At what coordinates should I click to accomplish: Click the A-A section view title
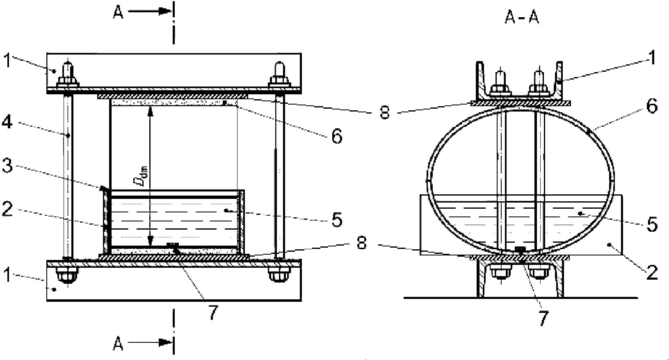[522, 18]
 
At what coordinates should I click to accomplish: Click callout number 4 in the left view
[7, 122]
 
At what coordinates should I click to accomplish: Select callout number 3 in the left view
[7, 165]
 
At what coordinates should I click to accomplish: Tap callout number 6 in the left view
[337, 137]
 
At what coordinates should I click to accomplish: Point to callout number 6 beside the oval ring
[652, 106]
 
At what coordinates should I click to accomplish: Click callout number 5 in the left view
[337, 220]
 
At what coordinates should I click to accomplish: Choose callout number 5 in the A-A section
[652, 224]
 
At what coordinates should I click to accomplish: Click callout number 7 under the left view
[212, 313]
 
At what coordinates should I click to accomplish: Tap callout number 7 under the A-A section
[543, 318]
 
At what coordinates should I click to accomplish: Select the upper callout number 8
[385, 113]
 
